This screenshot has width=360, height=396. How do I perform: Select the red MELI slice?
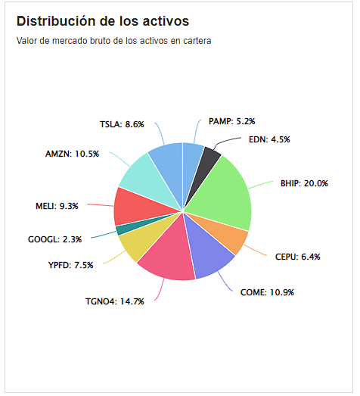point(129,206)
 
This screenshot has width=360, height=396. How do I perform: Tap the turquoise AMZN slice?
point(140,173)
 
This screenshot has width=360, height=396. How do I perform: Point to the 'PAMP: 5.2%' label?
point(231,121)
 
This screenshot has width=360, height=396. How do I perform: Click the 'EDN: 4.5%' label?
point(269,139)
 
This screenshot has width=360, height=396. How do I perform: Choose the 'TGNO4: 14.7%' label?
point(114,301)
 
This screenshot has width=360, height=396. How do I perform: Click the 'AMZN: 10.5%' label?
point(72,154)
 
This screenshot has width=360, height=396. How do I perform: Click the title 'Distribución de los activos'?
point(102,21)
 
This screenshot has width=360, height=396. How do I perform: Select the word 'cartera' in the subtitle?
point(195,41)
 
